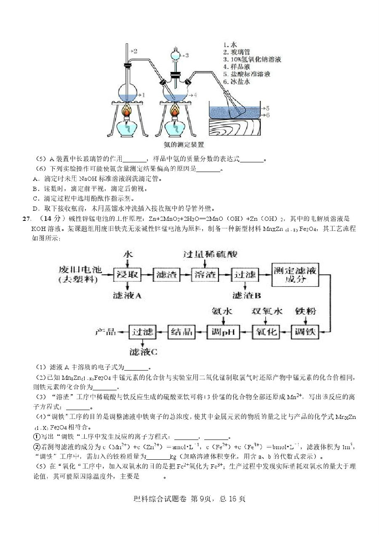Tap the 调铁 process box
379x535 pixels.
click(x=305, y=332)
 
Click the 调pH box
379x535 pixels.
click(x=223, y=332)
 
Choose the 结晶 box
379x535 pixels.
click(x=182, y=332)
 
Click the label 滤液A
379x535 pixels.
click(x=127, y=296)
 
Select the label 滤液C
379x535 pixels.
click(x=144, y=352)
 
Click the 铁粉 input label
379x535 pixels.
click(x=305, y=311)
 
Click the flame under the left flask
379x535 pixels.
click(x=126, y=112)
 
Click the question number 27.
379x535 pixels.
click(x=27, y=219)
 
